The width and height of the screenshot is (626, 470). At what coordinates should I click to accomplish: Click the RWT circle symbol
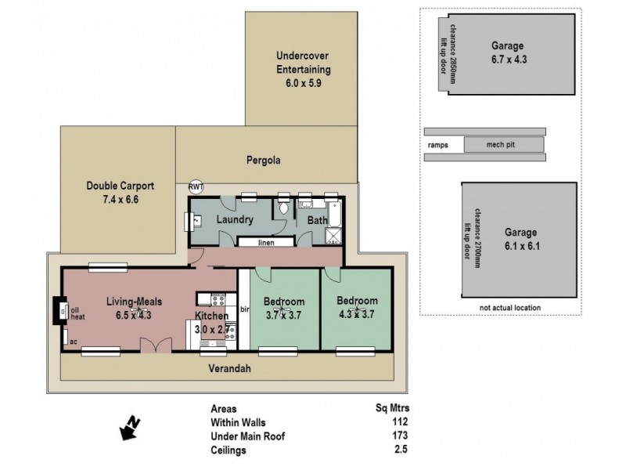pyautogui.click(x=195, y=187)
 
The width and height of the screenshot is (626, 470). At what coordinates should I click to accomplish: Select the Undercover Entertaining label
pyautogui.click(x=301, y=68)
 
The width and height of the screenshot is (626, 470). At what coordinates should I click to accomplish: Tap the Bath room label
pyautogui.click(x=316, y=220)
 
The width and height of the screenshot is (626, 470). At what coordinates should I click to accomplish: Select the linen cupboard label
pyautogui.click(x=266, y=243)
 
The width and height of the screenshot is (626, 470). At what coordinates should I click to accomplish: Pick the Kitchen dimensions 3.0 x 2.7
pyautogui.click(x=211, y=330)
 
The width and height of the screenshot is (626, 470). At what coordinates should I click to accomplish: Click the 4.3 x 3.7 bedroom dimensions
pyautogui.click(x=357, y=314)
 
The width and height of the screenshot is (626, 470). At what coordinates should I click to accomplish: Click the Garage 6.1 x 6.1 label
pyautogui.click(x=520, y=239)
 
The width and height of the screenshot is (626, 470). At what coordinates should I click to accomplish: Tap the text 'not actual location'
pyautogui.click(x=510, y=308)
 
